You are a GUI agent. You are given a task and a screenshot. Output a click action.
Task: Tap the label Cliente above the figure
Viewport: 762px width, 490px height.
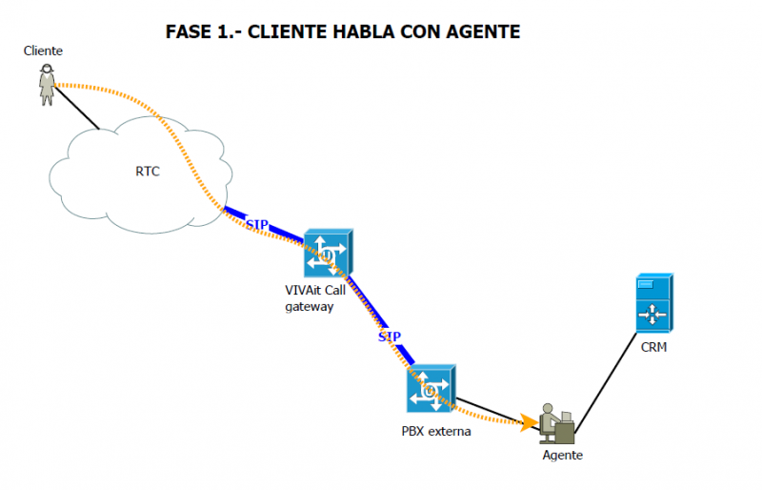(x=43, y=50)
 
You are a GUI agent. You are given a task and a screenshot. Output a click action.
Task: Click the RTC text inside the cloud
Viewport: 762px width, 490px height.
(x=148, y=173)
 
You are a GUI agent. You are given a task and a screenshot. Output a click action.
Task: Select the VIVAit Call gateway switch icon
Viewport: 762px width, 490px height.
(x=328, y=255)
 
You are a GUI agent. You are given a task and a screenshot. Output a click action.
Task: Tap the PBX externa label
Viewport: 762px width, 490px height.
(x=436, y=431)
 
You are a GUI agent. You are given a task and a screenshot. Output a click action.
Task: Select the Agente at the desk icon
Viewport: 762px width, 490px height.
(x=556, y=424)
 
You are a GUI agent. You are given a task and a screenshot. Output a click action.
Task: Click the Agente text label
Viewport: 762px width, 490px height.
(x=562, y=456)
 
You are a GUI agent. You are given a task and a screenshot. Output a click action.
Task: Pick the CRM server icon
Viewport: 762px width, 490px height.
(x=654, y=304)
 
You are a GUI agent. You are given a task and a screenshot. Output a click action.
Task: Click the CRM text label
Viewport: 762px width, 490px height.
(x=653, y=347)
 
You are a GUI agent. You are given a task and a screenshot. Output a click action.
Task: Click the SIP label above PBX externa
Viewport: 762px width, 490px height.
(x=389, y=337)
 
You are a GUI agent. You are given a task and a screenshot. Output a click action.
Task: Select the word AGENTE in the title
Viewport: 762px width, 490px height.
(x=484, y=31)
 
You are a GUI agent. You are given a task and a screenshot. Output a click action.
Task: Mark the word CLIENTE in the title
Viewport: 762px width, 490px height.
(x=283, y=31)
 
